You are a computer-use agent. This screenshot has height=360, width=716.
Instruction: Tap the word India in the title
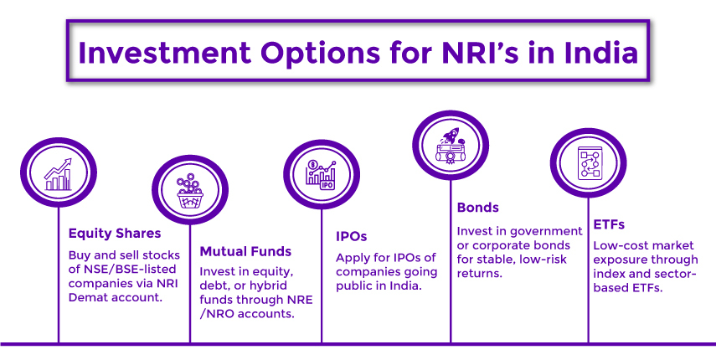pos(596,53)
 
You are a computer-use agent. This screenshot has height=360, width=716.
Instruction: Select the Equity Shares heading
pos(115,234)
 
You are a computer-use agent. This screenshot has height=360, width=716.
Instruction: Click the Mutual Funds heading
pos(245,251)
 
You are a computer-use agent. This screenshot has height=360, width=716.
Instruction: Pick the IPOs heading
pos(352,236)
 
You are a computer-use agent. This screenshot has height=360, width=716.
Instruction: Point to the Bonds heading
pos(478,208)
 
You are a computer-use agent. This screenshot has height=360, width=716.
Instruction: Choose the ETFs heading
pos(609,224)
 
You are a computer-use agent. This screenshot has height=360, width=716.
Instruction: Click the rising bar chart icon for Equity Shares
pos(58,174)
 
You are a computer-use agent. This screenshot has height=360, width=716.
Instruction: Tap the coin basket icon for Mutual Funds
pos(189,192)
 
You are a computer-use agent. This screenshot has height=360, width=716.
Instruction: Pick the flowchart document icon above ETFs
pos(587,164)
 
